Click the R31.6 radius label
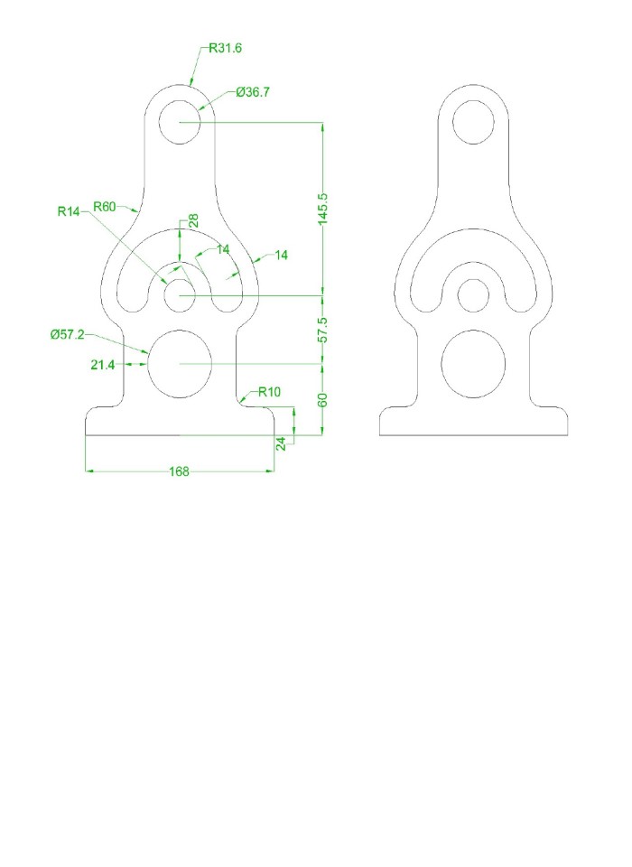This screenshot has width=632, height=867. [x=225, y=49]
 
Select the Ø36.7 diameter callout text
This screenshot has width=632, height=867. [x=253, y=92]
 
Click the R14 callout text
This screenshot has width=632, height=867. [x=69, y=211]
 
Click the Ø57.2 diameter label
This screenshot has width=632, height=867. [x=68, y=335]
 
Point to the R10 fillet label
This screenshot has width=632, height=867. [x=269, y=392]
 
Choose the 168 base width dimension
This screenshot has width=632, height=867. [x=179, y=471]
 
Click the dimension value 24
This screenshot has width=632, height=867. [x=281, y=443]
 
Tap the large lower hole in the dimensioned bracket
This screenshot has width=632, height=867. [x=180, y=363]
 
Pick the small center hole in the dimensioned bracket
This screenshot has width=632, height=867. [x=180, y=295]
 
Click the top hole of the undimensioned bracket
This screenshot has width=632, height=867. [x=474, y=122]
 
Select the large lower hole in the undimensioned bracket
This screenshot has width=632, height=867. [x=474, y=363]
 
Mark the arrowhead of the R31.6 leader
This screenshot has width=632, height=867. [x=191, y=84]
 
